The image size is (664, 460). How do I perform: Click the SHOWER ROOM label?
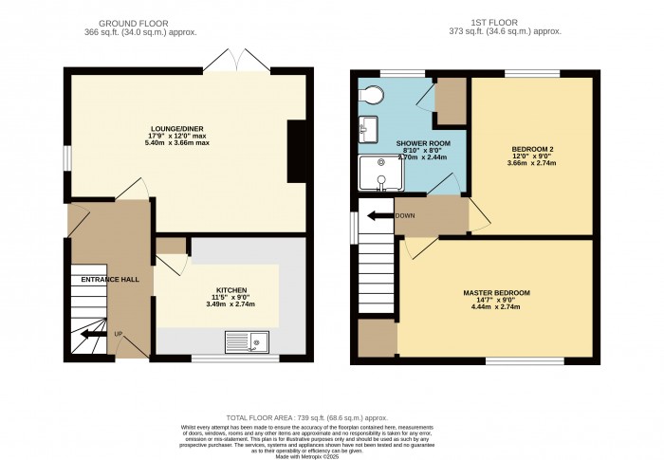(422, 143)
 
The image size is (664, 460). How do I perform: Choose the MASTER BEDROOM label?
(497, 292)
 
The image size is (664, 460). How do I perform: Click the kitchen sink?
(248, 340)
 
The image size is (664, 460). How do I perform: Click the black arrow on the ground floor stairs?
(91, 334)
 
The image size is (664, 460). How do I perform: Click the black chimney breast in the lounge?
(297, 149)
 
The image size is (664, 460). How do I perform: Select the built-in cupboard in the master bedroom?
(377, 338)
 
